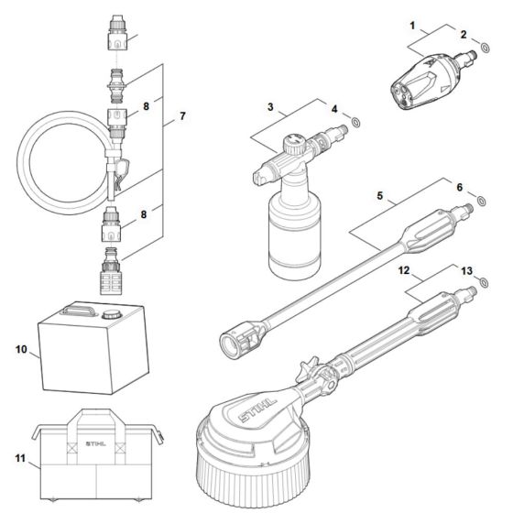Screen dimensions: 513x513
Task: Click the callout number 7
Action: (182, 116)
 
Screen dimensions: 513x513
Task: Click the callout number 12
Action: (402, 271)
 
